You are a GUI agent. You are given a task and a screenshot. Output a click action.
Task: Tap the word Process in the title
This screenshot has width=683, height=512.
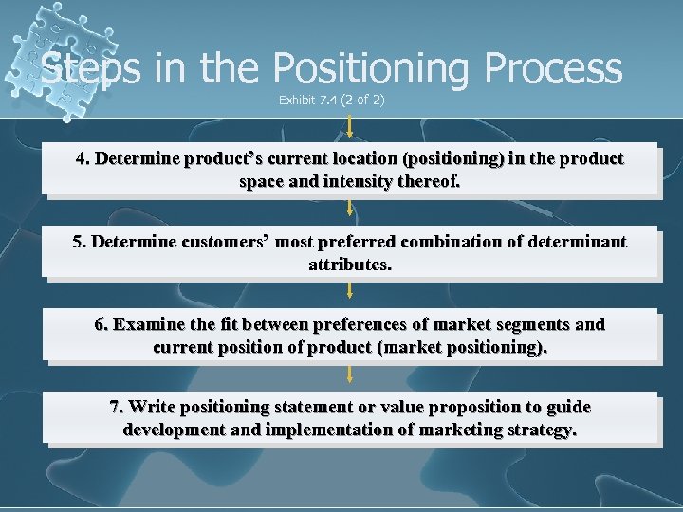[552, 69]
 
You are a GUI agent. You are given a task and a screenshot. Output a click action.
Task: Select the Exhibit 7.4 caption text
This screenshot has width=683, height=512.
[331, 100]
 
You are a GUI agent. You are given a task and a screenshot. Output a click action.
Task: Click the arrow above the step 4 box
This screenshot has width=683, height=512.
[350, 127]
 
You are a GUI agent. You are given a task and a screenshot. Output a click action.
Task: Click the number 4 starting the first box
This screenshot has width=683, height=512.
[83, 158]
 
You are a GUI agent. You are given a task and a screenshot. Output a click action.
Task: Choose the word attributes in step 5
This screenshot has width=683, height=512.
[349, 265]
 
